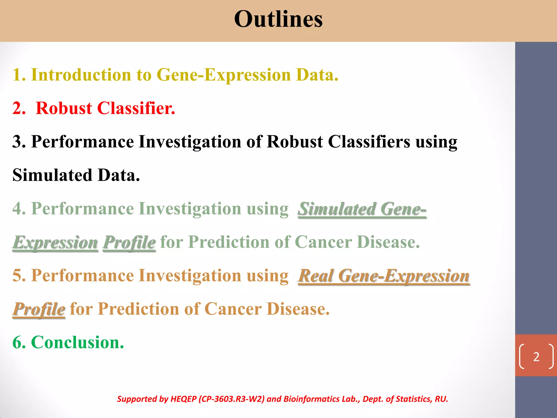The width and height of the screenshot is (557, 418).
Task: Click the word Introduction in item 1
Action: (81, 75)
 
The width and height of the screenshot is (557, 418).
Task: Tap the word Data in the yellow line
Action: (317, 75)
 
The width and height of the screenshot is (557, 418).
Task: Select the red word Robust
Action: (64, 108)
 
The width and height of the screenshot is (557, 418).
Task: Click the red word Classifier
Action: (136, 108)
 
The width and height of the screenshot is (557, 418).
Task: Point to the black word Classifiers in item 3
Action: (369, 142)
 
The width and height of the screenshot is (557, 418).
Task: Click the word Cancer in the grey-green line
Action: (323, 242)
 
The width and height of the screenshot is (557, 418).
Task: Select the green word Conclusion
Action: (77, 342)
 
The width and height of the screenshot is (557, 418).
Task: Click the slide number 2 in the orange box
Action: (536, 357)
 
